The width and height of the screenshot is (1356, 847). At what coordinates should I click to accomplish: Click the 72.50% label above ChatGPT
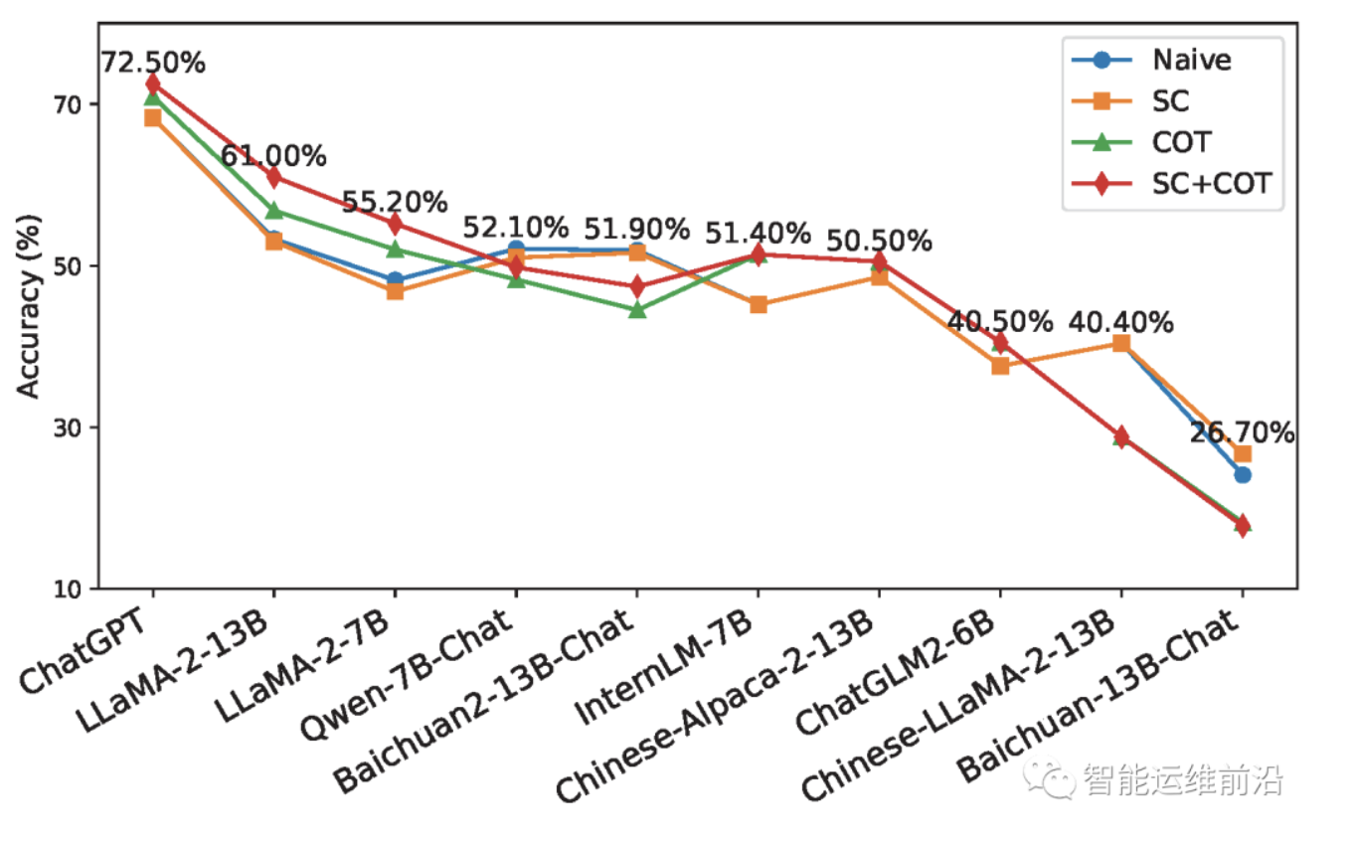(x=152, y=63)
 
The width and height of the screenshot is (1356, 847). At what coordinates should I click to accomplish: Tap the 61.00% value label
(x=273, y=156)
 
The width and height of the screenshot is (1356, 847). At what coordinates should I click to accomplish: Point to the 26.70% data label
(x=1242, y=433)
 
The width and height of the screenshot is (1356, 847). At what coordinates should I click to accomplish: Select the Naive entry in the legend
(x=1191, y=60)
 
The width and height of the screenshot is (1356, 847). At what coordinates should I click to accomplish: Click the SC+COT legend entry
(x=1212, y=184)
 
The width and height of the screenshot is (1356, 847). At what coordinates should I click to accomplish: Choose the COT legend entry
(x=1182, y=142)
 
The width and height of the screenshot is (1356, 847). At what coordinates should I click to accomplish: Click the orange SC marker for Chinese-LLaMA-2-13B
(x=1120, y=343)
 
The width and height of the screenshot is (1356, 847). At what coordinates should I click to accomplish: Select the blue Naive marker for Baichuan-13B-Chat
(x=1242, y=474)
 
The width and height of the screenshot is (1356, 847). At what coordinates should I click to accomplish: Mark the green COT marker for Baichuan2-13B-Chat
(x=637, y=309)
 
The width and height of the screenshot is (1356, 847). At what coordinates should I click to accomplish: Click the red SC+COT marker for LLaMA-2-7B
(x=395, y=223)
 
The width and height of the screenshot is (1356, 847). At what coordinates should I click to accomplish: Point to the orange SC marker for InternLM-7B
(x=758, y=304)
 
